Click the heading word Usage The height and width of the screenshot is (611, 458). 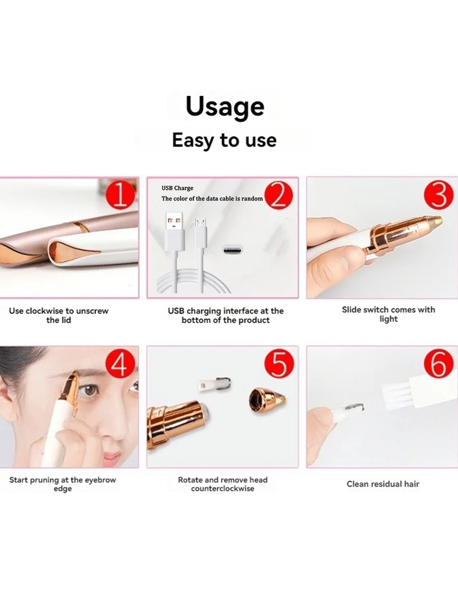click(224, 106)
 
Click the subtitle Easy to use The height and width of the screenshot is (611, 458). click(224, 140)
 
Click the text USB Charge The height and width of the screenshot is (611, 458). click(178, 188)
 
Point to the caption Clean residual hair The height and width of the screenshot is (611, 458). click(383, 484)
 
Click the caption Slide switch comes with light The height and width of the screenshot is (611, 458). click(388, 314)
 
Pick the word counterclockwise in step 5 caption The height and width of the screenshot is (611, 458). click(222, 489)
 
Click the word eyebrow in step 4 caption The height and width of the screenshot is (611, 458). click(101, 480)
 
